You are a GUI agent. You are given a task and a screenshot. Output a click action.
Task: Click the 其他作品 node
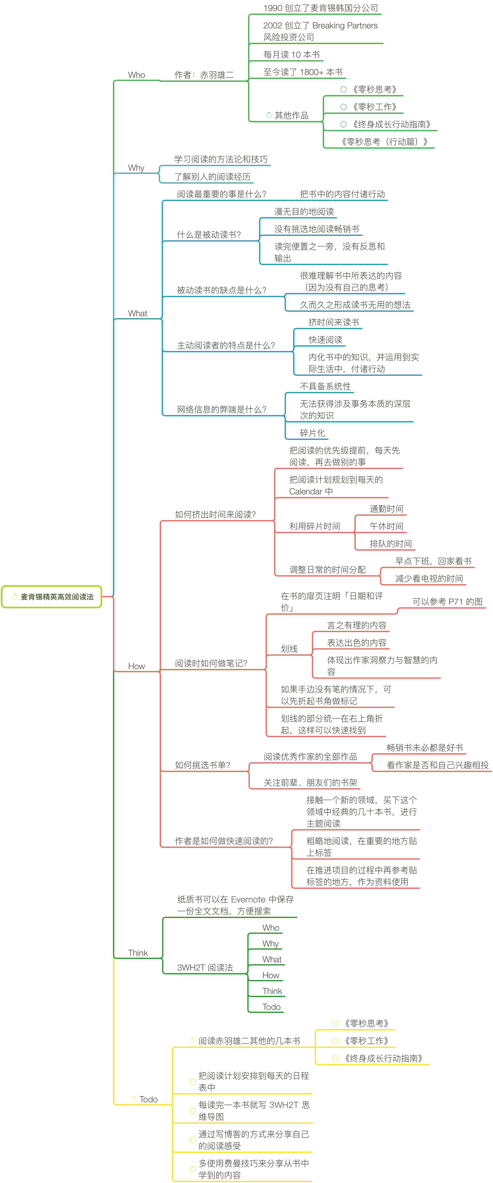coord(291,115)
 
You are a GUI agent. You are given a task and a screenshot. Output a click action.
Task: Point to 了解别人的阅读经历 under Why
coord(212,177)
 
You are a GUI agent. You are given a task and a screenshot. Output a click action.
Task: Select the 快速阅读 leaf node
coord(325,339)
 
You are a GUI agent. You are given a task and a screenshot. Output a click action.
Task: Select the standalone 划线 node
coord(289,648)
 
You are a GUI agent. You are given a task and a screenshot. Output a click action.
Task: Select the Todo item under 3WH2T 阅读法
coord(271,1007)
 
